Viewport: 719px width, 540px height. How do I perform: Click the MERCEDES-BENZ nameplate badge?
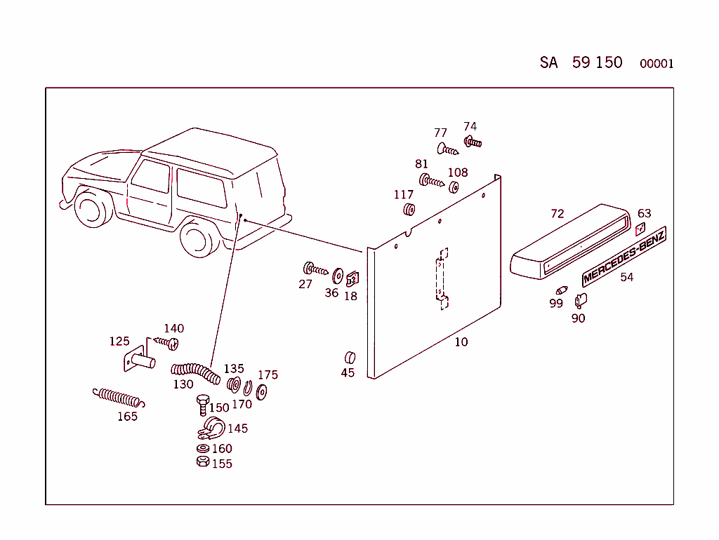click(624, 256)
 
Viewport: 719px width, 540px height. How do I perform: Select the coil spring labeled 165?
click(119, 398)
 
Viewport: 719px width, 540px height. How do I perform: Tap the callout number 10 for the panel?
click(461, 342)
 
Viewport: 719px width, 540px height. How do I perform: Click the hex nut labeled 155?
click(202, 462)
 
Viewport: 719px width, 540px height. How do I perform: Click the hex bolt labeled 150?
click(203, 405)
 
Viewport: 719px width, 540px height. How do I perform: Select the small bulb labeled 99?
click(561, 290)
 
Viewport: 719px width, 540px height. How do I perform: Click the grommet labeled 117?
click(408, 210)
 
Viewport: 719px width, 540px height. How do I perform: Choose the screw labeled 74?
click(473, 142)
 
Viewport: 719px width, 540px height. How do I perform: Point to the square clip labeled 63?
click(640, 229)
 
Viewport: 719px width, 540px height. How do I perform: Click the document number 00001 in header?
click(656, 64)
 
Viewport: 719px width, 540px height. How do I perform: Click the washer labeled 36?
click(336, 275)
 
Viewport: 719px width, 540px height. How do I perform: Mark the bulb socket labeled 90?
click(580, 301)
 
